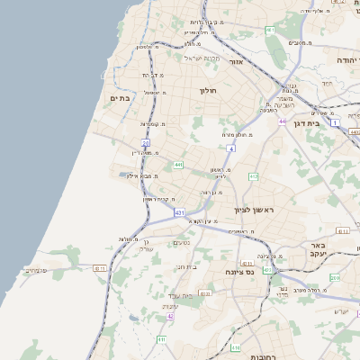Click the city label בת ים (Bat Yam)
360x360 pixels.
point(120,97)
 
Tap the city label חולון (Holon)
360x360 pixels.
point(208,91)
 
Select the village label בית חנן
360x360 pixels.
point(186,266)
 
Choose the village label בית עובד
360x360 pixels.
point(183,295)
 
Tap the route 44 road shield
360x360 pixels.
point(282,121)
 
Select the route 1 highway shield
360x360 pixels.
point(335,121)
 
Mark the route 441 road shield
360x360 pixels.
point(179,166)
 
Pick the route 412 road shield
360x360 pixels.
point(254,176)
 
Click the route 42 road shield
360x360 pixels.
point(170,317)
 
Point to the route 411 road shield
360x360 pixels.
point(161,339)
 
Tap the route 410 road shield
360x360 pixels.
point(334,278)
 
